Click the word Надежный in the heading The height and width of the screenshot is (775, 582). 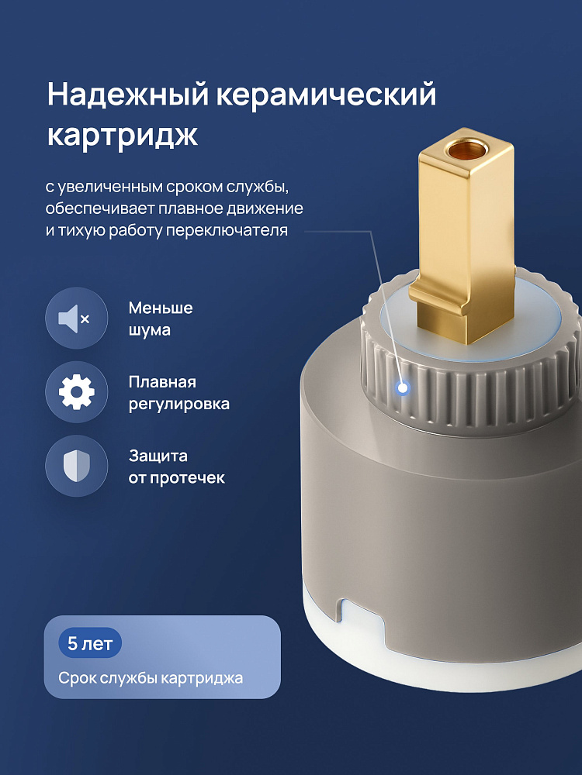[128, 95]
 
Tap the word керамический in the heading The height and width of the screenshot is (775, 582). [326, 95]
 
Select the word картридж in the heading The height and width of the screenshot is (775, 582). [123, 134]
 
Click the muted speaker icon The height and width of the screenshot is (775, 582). [76, 319]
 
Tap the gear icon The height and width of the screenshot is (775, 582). [76, 392]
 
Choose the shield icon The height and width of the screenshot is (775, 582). [76, 466]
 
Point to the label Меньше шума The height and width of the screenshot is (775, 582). [161, 319]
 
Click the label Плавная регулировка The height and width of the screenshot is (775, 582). [178, 393]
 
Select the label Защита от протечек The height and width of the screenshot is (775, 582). [176, 467]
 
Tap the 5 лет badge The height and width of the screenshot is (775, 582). [90, 643]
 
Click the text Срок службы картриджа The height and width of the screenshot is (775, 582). [151, 677]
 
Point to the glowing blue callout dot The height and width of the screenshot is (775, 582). [403, 388]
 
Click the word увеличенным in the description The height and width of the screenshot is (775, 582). [110, 188]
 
